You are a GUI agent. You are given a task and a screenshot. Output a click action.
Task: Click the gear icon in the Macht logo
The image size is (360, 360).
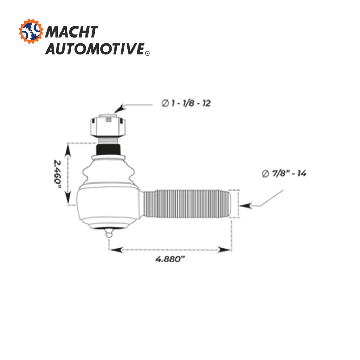point(31,32)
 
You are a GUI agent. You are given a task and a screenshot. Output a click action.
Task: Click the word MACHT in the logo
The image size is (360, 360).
point(71,32)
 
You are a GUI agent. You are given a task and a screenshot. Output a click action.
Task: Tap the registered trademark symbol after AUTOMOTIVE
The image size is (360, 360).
point(147,53)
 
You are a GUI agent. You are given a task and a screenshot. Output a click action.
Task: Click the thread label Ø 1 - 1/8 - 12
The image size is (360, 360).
point(186,103)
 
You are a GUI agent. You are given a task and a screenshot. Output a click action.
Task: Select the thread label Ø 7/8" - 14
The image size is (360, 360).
point(284,174)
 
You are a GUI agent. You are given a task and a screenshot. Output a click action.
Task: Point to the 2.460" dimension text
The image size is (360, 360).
point(57,174)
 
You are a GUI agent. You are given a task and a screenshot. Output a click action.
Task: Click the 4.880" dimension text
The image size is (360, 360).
point(170,259)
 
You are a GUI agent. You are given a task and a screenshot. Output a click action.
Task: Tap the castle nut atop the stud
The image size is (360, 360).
point(108,127)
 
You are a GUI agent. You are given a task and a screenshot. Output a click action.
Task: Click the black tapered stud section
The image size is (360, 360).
point(108,149)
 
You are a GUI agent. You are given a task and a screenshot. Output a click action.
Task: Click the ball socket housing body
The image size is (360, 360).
point(109,206)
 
